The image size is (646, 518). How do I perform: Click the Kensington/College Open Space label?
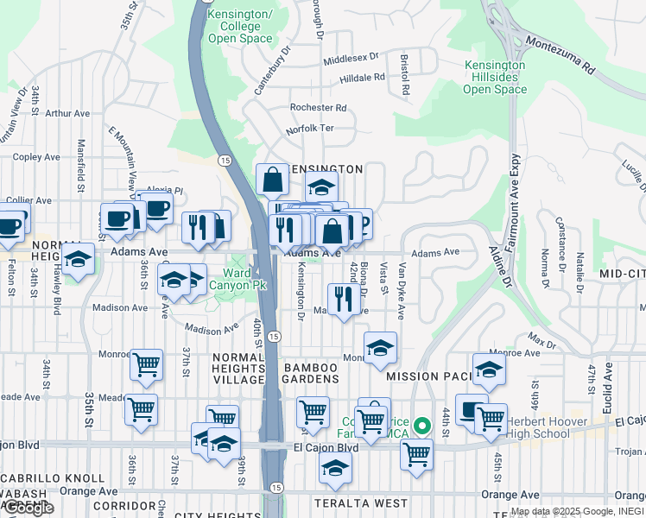click(x=241, y=27)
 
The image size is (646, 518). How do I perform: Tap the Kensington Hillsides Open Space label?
click(x=495, y=77)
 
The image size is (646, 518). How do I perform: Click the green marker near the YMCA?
click(x=422, y=426)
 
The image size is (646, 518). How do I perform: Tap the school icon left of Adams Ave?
click(x=78, y=257)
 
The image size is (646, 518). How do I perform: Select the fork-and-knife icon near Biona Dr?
click(x=344, y=299)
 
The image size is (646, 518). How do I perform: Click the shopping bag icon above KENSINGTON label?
click(x=272, y=180)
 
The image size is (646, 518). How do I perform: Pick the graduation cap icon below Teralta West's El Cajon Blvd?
click(x=335, y=470)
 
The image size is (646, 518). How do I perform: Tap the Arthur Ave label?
click(x=68, y=113)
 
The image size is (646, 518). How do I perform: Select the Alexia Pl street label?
click(x=165, y=190)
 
